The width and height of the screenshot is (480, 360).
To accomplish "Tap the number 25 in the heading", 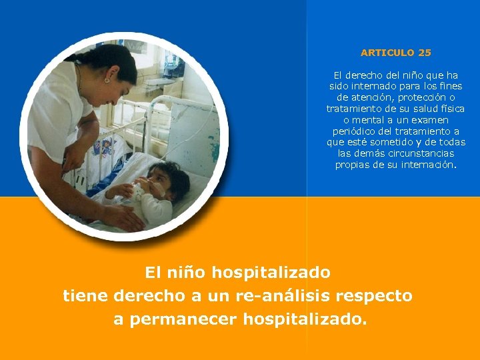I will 425,52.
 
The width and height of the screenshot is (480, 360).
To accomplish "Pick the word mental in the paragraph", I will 374,120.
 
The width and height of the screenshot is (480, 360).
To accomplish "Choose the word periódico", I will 355,131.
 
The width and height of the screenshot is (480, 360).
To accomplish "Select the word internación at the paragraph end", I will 427,165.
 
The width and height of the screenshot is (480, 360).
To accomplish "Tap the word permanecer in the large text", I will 183,319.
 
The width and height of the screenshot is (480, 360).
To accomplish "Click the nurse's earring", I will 106,80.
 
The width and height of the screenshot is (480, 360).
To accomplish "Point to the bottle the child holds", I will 139,192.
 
